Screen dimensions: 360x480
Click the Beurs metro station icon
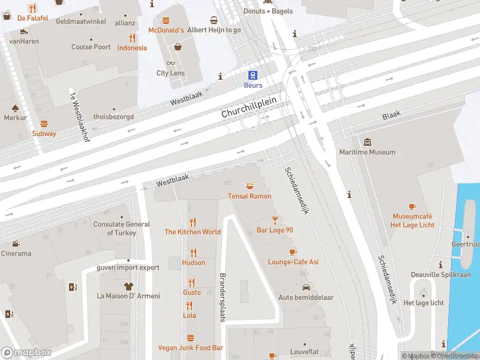pyautogui.click(x=253, y=75)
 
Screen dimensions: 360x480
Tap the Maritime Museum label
pyautogui.click(x=367, y=152)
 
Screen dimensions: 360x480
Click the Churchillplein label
pyautogui.click(x=248, y=107)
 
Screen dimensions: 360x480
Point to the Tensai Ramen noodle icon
pyautogui.click(x=250, y=185)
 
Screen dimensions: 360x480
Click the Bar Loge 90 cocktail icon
pyautogui.click(x=275, y=220)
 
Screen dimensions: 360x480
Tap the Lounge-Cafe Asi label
pyautogui.click(x=293, y=262)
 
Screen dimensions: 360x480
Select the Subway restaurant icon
pyautogui.click(x=44, y=123)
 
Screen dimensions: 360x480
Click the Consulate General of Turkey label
pyautogui.click(x=122, y=229)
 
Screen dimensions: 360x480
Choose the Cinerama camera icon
pyautogui.click(x=16, y=244)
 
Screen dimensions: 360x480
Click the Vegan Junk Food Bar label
pyautogui.click(x=190, y=347)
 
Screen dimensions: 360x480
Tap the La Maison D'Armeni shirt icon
pyautogui.click(x=128, y=286)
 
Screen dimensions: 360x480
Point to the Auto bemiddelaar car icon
pyautogui.click(x=306, y=287)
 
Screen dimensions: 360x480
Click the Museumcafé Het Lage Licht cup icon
pyautogui.click(x=412, y=206)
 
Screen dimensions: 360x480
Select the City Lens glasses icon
pyautogui.click(x=170, y=63)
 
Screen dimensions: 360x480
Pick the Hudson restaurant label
pyautogui.click(x=193, y=262)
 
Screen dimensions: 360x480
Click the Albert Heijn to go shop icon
pyautogui.click(x=214, y=20)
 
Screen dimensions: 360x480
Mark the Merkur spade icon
pyautogui.click(x=16, y=108)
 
